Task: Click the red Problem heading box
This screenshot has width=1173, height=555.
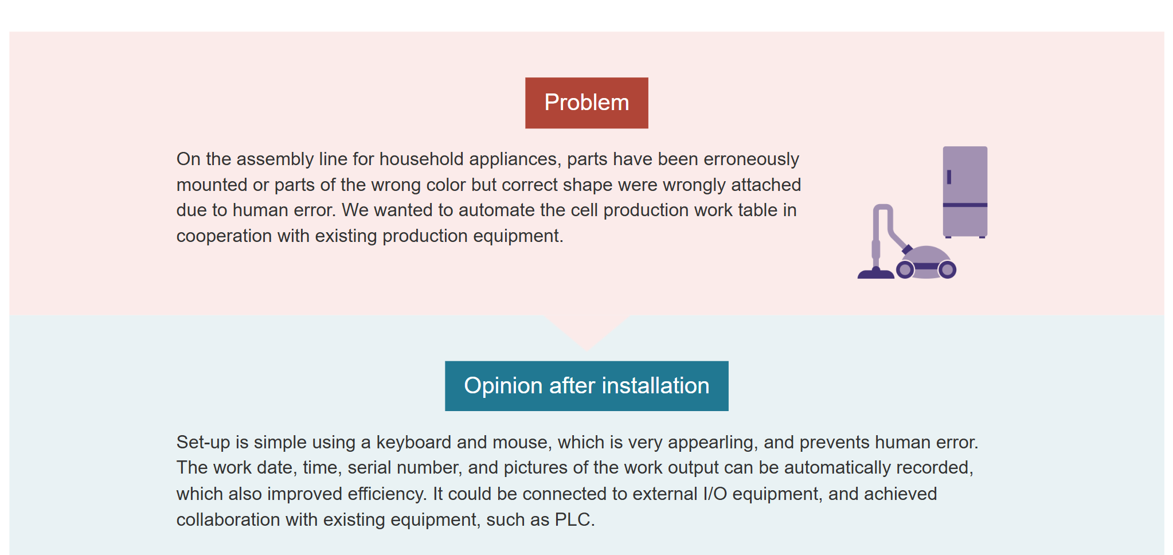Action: pos(586,103)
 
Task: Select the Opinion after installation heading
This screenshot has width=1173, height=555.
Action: pos(586,386)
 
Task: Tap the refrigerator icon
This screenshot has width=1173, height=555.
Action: pos(965,192)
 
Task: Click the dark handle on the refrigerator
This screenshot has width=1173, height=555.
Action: pos(949,177)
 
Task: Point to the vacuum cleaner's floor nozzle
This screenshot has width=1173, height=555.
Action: pos(875,273)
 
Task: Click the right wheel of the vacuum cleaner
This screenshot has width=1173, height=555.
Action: pos(947,269)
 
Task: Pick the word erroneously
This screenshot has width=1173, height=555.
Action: pos(751,159)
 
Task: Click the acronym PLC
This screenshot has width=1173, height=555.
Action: pos(575,519)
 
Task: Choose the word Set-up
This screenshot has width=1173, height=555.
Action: pos(204,443)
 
